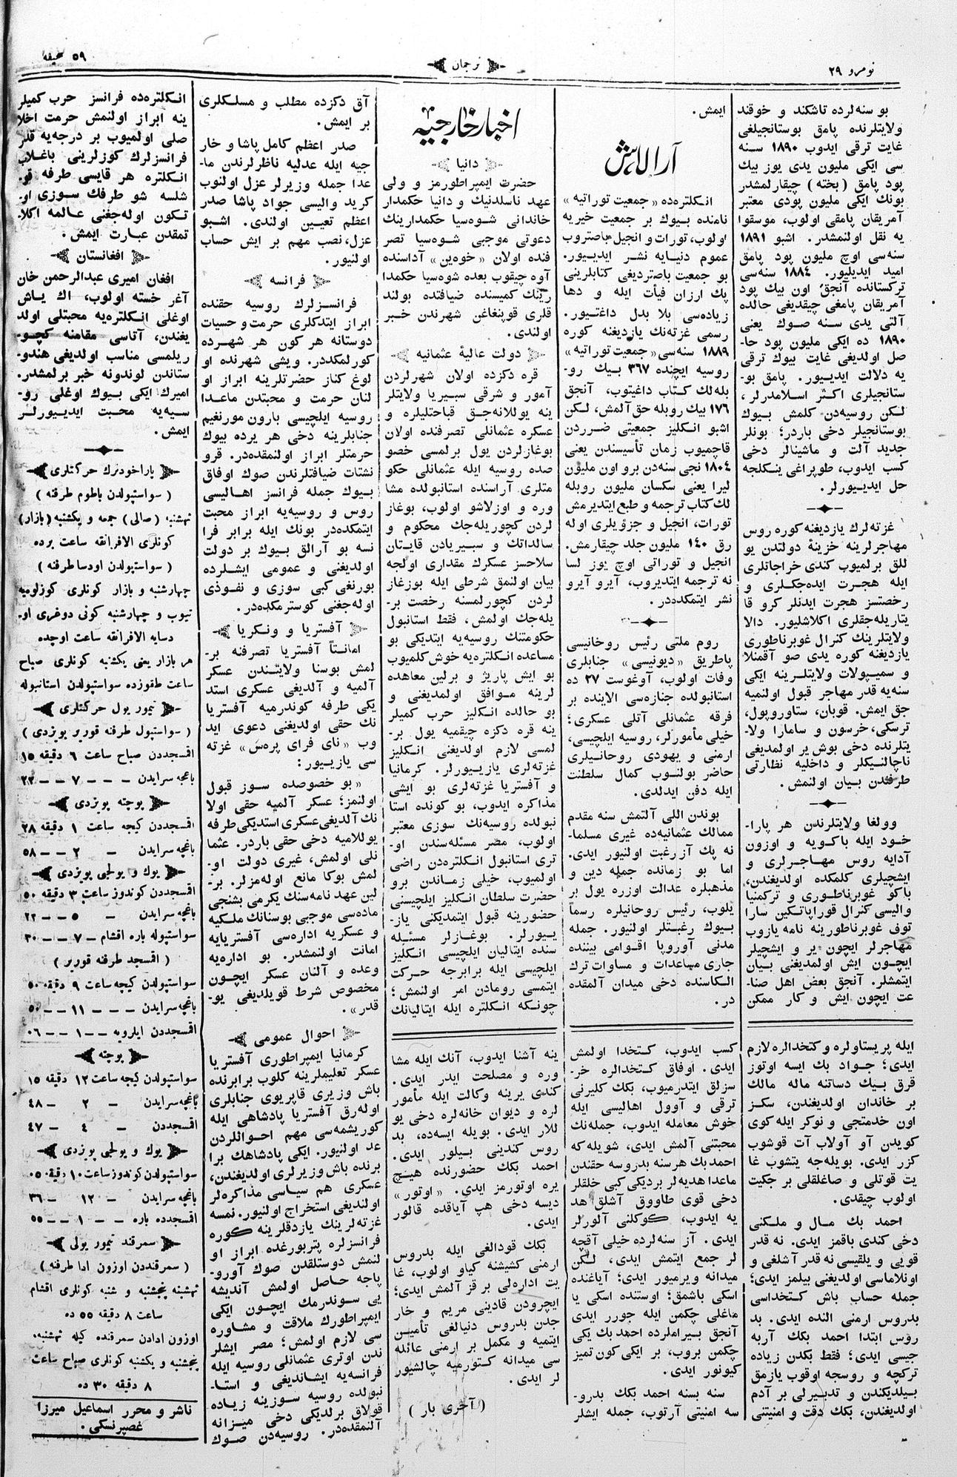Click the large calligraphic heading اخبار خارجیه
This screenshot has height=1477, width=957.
coord(467,130)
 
